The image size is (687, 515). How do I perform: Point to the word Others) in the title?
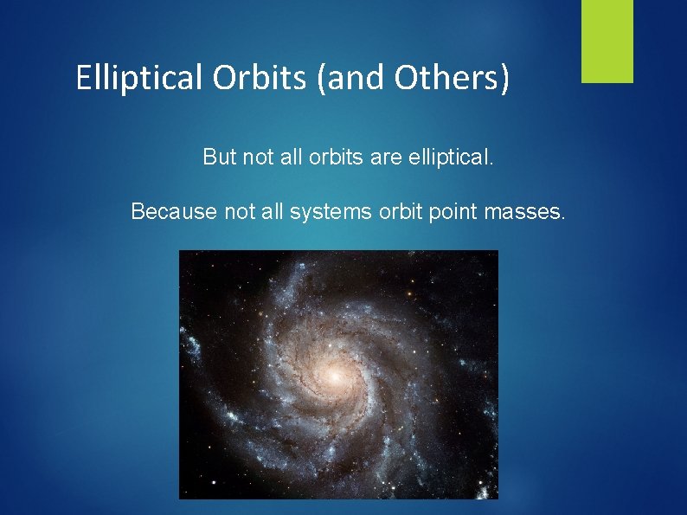coord(451,79)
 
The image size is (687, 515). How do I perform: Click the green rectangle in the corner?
coord(607,41)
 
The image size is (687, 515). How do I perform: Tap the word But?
coord(219,157)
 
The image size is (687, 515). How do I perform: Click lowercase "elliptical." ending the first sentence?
coord(450,157)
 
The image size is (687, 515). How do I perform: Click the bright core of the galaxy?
coord(333,374)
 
